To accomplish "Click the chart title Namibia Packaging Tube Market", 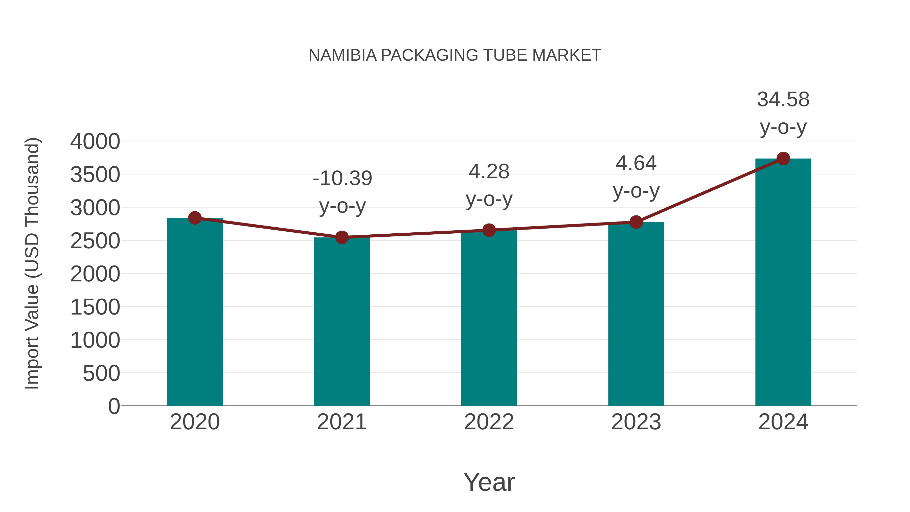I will point(455,55).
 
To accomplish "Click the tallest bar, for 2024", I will point(783,283).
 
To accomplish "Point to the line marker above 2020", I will point(195,218).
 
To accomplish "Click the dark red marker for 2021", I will point(342,237).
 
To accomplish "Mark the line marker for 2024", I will point(783,159).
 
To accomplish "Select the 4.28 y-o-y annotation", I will point(489,186).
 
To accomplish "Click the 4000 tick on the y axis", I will point(95,142).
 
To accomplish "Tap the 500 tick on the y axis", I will point(101,373).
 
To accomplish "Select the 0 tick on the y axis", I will point(114,406).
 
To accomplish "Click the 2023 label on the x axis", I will point(636,422).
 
